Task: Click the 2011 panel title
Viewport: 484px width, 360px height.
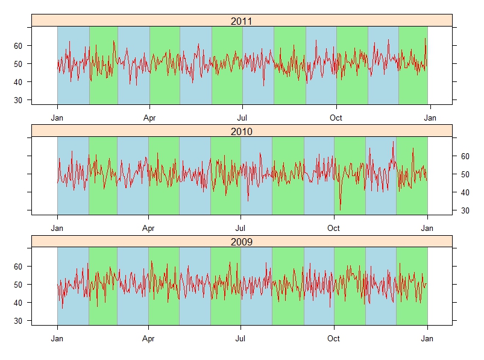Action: [x=241, y=21]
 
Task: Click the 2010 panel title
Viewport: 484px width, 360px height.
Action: [x=241, y=131]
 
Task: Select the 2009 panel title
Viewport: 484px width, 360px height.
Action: [x=241, y=242]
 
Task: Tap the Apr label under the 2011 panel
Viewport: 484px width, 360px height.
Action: [x=149, y=118]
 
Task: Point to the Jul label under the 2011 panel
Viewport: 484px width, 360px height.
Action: [x=242, y=118]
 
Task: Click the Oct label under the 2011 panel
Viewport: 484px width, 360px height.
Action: [x=336, y=118]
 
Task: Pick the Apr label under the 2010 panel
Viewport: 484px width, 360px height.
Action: [x=148, y=229]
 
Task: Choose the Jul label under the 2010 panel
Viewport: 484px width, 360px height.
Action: [x=240, y=229]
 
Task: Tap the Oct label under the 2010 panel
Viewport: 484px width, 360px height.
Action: [x=333, y=229]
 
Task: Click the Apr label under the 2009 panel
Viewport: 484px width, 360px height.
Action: [x=148, y=339]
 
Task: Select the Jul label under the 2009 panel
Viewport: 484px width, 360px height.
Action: [x=240, y=339]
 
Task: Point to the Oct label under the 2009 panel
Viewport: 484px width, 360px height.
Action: [x=333, y=339]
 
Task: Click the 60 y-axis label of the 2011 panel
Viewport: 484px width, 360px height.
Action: [x=18, y=46]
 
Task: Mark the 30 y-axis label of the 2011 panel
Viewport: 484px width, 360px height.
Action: [x=18, y=100]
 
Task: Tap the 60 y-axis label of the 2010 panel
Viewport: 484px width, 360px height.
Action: [x=465, y=156]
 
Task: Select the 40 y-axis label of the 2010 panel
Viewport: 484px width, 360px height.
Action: [x=465, y=192]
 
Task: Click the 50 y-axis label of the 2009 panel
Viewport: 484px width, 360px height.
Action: [x=18, y=285]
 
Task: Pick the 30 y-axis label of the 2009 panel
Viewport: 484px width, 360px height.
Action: [x=18, y=321]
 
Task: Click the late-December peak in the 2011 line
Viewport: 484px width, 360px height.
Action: [x=425, y=39]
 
